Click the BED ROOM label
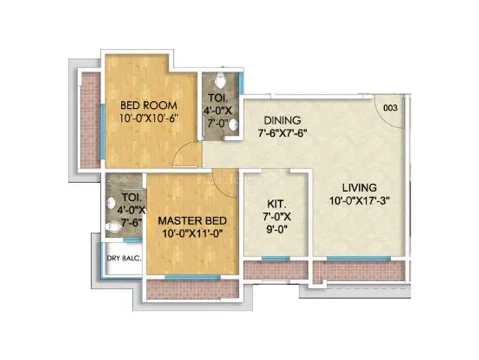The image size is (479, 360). click(148, 106)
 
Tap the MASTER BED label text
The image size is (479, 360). click(193, 221)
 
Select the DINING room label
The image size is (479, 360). click(282, 120)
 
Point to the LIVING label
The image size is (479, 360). click(360, 188)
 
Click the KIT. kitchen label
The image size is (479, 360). click(276, 204)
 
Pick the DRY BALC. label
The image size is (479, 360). click(124, 258)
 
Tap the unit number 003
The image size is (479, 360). click(390, 108)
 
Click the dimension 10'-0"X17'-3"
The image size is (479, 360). click(360, 201)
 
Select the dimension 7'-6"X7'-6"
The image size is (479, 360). click(282, 133)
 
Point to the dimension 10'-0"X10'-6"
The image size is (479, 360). click(148, 119)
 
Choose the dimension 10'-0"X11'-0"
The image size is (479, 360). click(193, 234)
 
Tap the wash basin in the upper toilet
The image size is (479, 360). click(233, 125)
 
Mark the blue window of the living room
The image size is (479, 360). click(358, 259)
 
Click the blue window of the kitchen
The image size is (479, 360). click(275, 259)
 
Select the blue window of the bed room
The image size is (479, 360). click(103, 132)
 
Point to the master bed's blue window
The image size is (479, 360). click(193, 277)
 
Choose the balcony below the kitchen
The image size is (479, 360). click(275, 270)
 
